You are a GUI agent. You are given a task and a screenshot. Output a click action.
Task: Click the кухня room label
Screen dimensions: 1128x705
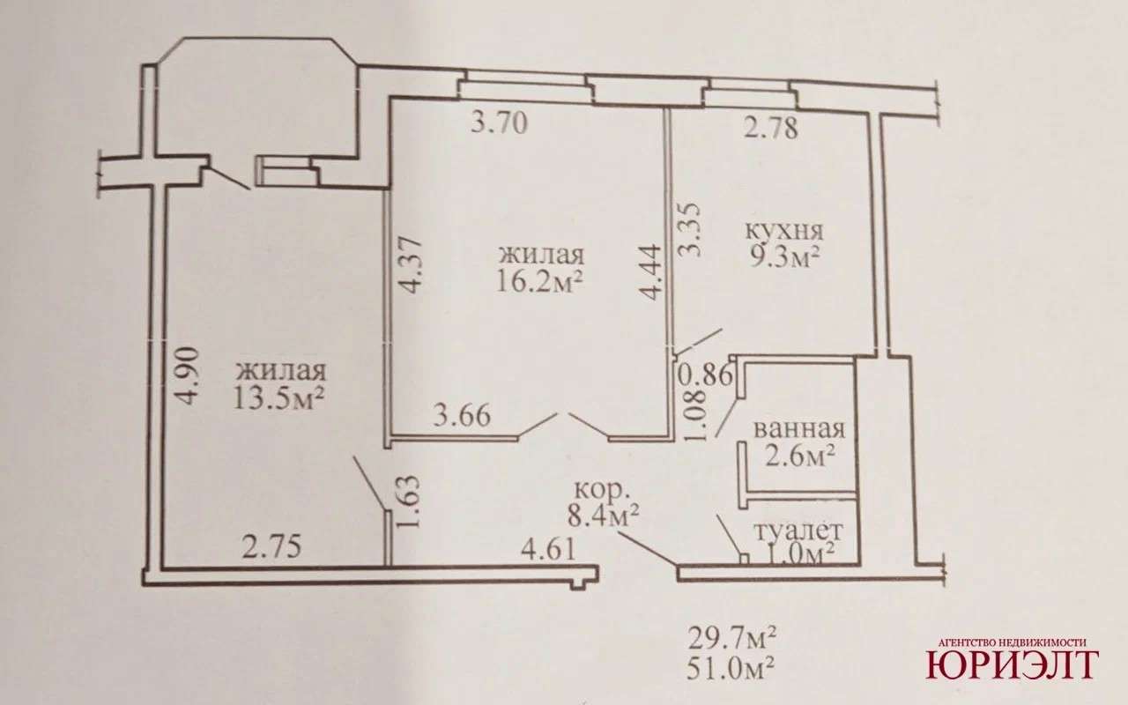(x=783, y=232)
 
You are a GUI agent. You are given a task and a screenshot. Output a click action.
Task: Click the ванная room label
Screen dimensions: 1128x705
(x=798, y=430)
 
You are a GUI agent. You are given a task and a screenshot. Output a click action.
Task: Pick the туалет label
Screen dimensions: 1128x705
(x=798, y=531)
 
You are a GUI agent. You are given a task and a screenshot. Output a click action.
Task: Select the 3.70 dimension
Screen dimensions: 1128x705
(x=499, y=122)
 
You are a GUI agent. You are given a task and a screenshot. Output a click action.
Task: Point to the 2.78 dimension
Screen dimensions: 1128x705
(x=771, y=128)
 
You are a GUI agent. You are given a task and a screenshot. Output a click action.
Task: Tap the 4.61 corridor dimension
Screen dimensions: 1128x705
(x=548, y=549)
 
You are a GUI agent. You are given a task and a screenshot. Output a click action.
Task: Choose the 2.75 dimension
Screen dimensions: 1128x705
(x=272, y=547)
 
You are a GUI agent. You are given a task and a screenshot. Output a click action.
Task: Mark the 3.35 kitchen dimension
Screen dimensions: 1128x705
(x=690, y=230)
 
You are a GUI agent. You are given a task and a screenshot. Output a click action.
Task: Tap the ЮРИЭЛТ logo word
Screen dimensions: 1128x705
(x=1013, y=664)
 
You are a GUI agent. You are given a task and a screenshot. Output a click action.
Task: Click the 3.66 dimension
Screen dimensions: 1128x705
(x=463, y=416)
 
